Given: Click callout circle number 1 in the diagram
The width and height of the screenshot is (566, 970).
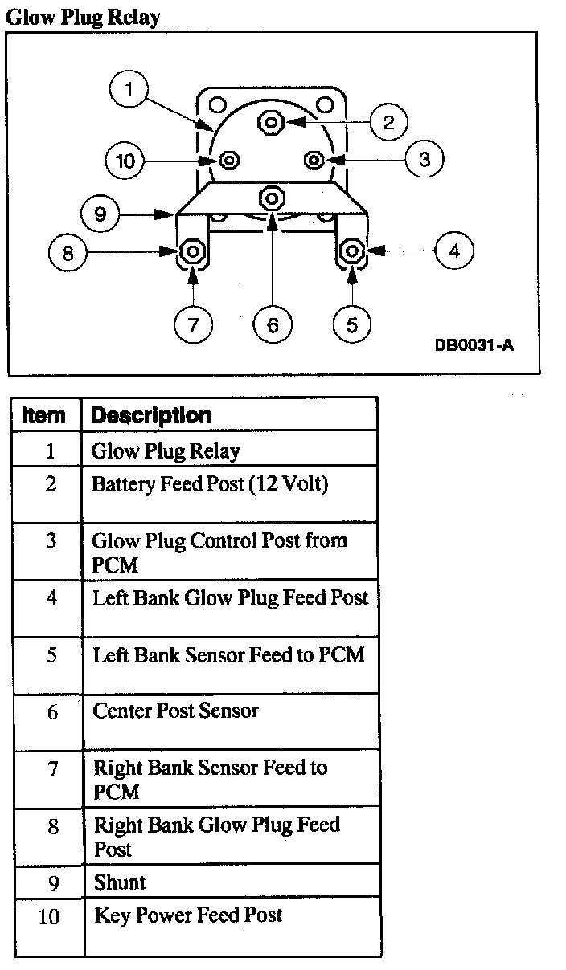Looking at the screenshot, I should [129, 89].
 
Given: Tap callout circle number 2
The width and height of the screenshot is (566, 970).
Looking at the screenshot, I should [388, 122].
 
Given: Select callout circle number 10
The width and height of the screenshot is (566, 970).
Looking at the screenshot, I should [125, 161].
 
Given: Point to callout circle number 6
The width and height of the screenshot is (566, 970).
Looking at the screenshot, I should [273, 324].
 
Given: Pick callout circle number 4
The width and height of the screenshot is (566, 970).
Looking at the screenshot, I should [454, 251].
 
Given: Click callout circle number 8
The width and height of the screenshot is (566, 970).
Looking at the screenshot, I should [68, 253].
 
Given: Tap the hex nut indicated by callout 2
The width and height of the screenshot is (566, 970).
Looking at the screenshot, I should [269, 122].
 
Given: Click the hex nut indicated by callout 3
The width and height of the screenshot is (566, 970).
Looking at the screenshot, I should [314, 160].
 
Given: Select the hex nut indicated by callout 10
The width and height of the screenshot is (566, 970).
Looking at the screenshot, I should [229, 160].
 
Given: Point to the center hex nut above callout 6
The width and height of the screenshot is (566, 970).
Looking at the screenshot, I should [272, 197].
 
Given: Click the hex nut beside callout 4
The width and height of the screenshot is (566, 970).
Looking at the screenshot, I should [351, 252].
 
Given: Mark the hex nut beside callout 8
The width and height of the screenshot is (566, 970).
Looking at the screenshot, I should [192, 253].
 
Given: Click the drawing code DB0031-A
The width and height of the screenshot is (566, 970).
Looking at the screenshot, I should [474, 345].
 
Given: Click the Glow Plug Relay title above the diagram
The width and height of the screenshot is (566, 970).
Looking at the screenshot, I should [83, 16].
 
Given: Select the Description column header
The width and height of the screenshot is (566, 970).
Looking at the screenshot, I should [151, 415].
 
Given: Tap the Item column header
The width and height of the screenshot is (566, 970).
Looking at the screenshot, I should [44, 415].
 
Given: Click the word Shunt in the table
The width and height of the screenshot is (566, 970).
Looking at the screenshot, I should [120, 882].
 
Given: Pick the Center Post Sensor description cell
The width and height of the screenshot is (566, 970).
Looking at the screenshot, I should [175, 711].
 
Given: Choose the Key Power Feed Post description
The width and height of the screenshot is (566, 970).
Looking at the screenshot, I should [188, 915].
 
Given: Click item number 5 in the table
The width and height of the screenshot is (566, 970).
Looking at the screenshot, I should [51, 655].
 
